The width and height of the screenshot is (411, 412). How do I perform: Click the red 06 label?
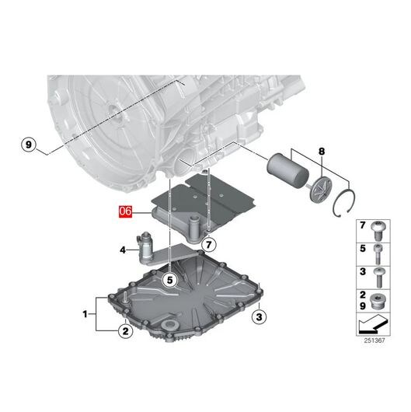(125, 211)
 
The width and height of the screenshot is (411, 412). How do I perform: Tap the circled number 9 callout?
(29, 145)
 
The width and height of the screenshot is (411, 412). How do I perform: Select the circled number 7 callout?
(209, 245)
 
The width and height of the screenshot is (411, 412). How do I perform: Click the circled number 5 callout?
(170, 280)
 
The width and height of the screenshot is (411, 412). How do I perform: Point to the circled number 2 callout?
(126, 331)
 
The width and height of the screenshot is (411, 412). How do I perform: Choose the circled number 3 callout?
(259, 317)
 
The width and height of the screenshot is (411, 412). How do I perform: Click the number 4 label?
(123, 250)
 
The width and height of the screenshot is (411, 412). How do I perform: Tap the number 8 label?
(322, 152)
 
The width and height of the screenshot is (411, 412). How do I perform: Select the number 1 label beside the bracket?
(85, 314)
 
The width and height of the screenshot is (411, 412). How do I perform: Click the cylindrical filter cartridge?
(287, 169)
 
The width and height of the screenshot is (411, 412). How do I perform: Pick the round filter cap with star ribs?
(321, 190)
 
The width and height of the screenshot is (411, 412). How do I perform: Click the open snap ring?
(344, 203)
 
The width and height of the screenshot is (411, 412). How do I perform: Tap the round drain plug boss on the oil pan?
(169, 325)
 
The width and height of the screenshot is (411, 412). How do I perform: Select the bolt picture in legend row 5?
(378, 254)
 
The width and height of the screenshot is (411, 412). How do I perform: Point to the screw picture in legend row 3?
(379, 278)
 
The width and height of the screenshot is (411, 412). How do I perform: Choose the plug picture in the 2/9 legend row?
(377, 302)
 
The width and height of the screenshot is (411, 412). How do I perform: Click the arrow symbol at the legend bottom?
(373, 324)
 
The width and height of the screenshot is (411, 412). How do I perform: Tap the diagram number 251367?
(374, 340)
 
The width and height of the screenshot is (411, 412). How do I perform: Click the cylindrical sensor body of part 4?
(145, 246)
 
